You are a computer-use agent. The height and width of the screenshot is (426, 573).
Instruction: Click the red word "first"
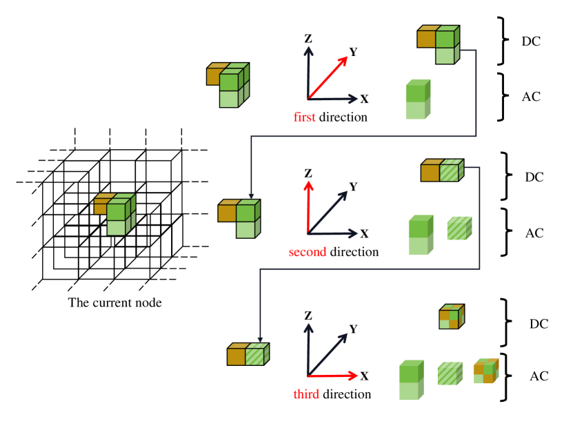304,117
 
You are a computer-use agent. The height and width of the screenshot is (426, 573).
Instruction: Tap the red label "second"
308,252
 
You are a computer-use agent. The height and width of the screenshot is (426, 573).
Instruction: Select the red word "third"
306,394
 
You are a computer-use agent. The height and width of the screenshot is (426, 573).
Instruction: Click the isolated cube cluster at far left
115,214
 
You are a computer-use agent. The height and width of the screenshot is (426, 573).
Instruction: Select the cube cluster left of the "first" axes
228,85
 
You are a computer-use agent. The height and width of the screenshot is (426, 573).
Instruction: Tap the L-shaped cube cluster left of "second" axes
239,219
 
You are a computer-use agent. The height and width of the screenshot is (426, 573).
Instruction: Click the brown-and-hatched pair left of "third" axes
248,354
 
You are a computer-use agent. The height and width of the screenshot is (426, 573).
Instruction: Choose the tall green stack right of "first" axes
417,100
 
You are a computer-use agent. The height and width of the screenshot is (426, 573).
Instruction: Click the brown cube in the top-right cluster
427,37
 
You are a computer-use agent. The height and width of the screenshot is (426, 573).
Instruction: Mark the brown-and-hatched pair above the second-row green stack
442,171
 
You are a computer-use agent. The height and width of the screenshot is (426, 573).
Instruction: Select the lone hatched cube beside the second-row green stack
459,229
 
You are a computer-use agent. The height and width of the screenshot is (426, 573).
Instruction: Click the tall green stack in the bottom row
411,380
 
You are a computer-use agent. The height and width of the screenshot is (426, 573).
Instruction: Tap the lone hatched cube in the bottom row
450,374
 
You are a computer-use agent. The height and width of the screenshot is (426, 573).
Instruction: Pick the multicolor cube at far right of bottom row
485,371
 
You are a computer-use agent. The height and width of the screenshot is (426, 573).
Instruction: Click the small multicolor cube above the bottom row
452,317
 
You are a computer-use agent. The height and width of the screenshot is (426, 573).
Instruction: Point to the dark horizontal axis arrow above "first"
338,99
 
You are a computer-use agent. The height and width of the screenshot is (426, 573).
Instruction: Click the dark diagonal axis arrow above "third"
330,352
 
